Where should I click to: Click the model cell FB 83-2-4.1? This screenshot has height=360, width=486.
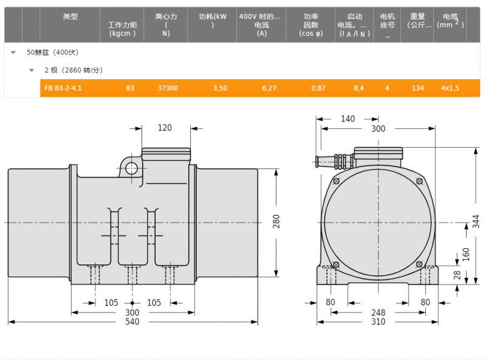pyautogui.click(x=63, y=88)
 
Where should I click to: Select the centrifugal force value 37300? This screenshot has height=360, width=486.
pyautogui.click(x=168, y=88)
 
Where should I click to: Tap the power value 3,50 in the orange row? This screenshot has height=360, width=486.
pyautogui.click(x=220, y=88)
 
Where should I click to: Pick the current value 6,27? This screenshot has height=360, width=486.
pyautogui.click(x=269, y=88)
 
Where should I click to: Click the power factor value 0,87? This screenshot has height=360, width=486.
pyautogui.click(x=318, y=88)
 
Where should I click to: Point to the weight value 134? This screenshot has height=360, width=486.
pyautogui.click(x=417, y=88)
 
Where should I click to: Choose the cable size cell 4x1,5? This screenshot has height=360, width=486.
pyautogui.click(x=450, y=88)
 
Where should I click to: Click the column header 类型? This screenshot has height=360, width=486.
pyautogui.click(x=70, y=16)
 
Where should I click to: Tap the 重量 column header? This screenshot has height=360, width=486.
pyautogui.click(x=417, y=16)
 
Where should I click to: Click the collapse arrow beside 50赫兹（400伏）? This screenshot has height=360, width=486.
pyautogui.click(x=13, y=52)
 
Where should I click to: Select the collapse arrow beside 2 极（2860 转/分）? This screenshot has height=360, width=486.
pyautogui.click(x=32, y=71)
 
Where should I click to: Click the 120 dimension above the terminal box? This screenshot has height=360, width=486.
pyautogui.click(x=165, y=128)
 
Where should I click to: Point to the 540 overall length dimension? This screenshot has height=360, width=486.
pyautogui.click(x=132, y=322)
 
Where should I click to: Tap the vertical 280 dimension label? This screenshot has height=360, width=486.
pyautogui.click(x=276, y=221)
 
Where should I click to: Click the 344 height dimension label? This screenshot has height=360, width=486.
pyautogui.click(x=476, y=221)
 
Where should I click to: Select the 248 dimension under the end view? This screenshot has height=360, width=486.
pyautogui.click(x=378, y=313)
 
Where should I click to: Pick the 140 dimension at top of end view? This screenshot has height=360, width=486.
pyautogui.click(x=347, y=119)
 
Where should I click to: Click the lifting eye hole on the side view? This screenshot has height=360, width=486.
pyautogui.click(x=131, y=168)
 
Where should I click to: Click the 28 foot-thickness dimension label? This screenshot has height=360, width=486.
pyautogui.click(x=457, y=275)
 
